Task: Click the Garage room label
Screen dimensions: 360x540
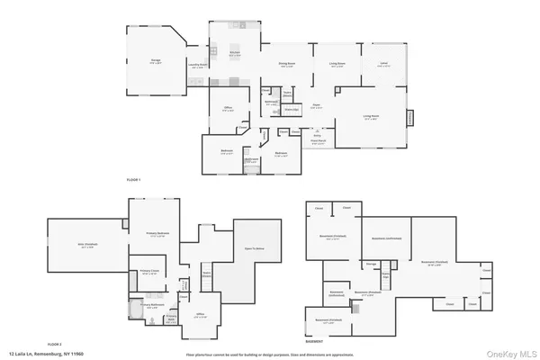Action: pos(156,61)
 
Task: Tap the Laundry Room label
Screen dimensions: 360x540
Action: pos(198,65)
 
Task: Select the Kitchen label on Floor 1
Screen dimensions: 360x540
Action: pos(234,54)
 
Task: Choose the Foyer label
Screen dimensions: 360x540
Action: pos(317,104)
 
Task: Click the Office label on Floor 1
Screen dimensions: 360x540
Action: pos(228,110)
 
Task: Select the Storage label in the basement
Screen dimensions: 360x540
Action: pos(370,264)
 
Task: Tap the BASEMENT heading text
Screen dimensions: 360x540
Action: pos(314,342)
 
